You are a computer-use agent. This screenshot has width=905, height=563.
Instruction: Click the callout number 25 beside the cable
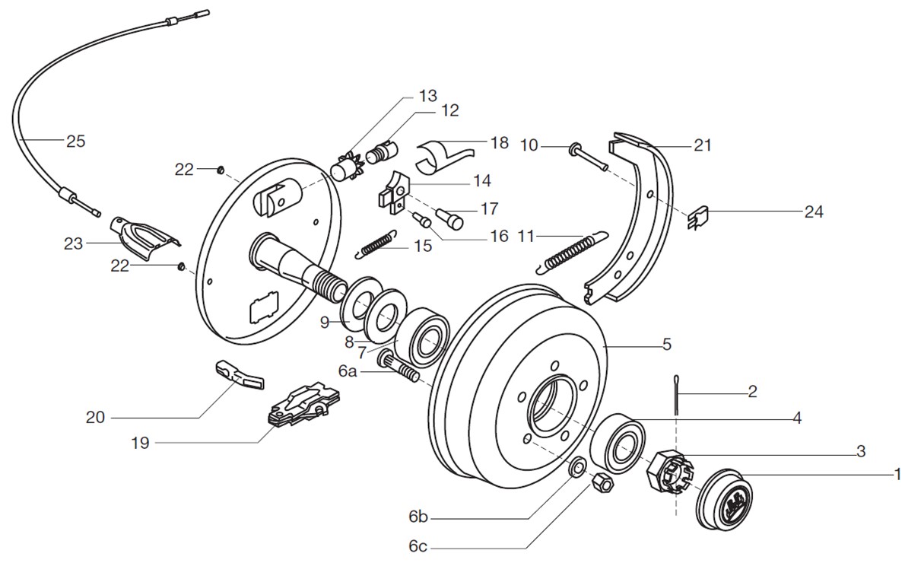(76, 141)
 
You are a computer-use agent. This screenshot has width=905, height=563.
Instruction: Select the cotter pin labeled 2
(675, 395)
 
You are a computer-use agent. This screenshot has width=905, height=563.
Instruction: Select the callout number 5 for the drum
(666, 345)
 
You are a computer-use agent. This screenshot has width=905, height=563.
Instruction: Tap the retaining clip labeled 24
(698, 219)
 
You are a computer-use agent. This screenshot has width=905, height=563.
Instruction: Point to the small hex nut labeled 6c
(601, 482)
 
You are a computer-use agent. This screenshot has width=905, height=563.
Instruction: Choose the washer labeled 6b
(576, 466)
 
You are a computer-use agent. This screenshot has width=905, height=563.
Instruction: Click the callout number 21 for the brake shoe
(703, 145)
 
